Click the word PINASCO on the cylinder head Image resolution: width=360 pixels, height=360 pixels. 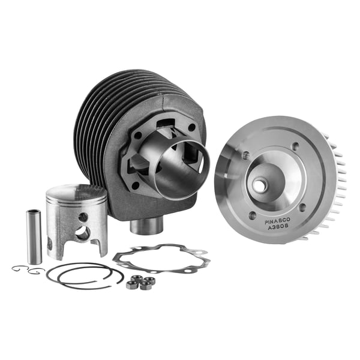277,220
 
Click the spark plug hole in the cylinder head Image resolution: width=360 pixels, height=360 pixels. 259,185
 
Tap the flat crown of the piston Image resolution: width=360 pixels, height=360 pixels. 76,192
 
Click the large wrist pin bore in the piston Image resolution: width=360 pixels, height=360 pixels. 82,233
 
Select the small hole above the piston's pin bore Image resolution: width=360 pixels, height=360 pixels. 83,217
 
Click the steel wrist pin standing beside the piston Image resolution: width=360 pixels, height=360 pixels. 35,236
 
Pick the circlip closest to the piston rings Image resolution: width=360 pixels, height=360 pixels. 37,271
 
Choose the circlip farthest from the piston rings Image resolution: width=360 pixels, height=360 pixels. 20,268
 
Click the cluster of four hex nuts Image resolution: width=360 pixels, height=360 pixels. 140,282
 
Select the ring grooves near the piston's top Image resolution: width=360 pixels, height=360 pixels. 77,207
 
